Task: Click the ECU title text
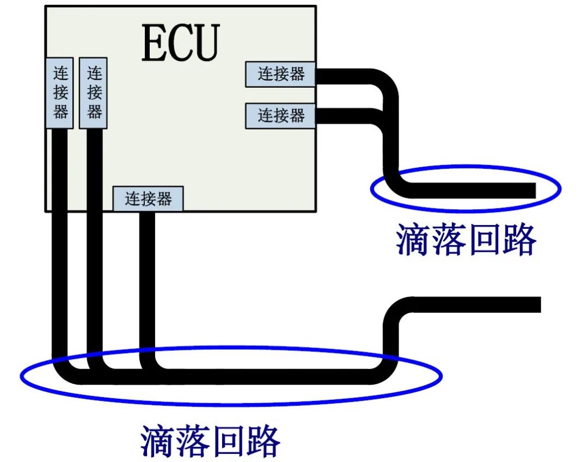click(x=181, y=42)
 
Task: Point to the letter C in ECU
click(x=182, y=42)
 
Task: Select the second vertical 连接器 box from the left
click(x=93, y=93)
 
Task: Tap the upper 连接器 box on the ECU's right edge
click(x=280, y=74)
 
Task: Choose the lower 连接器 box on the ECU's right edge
click(x=280, y=115)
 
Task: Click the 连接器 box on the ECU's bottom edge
click(x=148, y=199)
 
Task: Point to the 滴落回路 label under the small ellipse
click(x=466, y=239)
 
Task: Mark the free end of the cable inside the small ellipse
click(x=531, y=190)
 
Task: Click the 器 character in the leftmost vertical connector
click(x=60, y=112)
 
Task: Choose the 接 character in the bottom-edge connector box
click(x=148, y=199)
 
